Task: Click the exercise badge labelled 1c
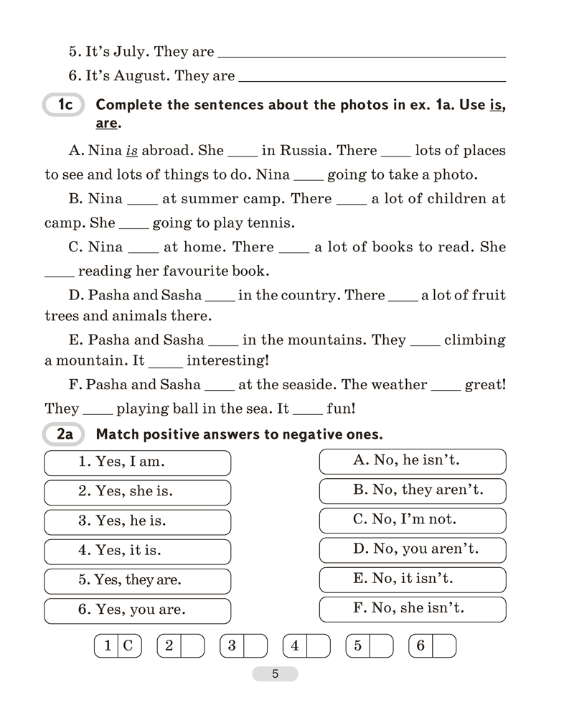click(x=64, y=106)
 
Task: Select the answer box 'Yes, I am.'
click(x=137, y=462)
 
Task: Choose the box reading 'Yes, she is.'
click(x=137, y=493)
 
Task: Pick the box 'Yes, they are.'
click(x=137, y=580)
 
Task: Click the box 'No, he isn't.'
click(x=412, y=461)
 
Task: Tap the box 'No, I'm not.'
click(x=412, y=520)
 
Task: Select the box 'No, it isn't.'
click(x=412, y=579)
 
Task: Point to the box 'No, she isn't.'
click(x=412, y=609)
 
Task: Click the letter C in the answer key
click(x=128, y=646)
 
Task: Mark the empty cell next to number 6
click(x=445, y=646)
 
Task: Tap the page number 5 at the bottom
click(x=274, y=674)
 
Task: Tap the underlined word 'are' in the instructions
click(x=106, y=123)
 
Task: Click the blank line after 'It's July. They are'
click(x=361, y=53)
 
